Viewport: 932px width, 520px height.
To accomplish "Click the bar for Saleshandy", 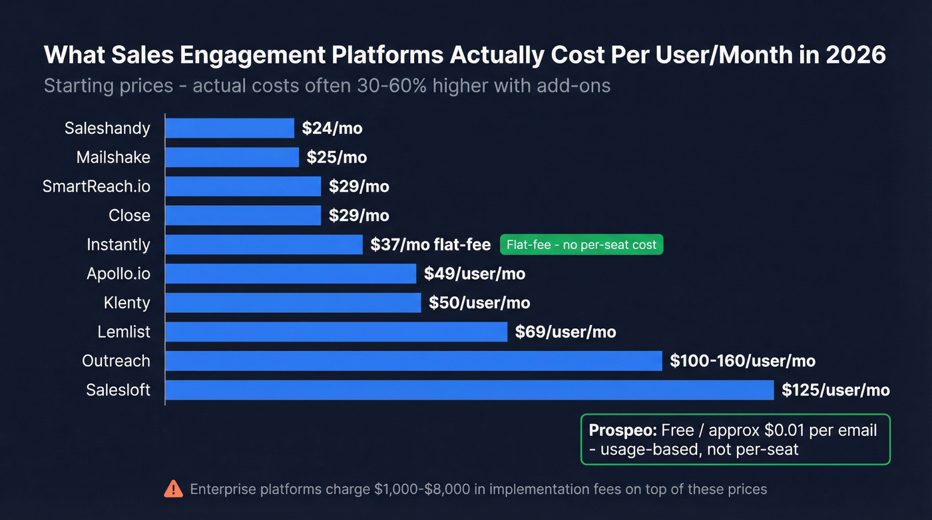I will pos(230,128).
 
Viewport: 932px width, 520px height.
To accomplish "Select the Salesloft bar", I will pos(469,390).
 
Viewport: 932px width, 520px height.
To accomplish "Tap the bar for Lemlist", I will pos(336,332).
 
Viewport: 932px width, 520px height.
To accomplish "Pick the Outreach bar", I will pos(413,361).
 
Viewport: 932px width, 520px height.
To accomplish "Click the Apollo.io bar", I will pos(291,274).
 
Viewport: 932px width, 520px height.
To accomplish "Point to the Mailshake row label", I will pos(113,157).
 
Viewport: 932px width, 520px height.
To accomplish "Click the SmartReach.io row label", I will pos(97,186).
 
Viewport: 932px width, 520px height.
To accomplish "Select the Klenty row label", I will pos(126,303).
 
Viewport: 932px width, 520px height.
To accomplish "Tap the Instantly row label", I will pos(118,244).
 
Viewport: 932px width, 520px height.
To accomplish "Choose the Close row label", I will pos(130,216).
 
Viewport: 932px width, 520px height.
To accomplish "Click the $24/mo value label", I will pos(332,129).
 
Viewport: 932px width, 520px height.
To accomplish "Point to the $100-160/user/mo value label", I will pos(742,361).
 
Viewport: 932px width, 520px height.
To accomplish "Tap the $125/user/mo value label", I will pos(835,390).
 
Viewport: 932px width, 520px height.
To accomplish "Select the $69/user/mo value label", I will pos(565,332).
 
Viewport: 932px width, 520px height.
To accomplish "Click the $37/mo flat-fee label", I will pos(431,245).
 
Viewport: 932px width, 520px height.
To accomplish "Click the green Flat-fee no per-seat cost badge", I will pos(581,245).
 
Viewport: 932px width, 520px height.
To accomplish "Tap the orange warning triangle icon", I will pos(173,489).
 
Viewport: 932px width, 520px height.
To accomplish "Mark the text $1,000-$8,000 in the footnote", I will pos(422,489).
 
